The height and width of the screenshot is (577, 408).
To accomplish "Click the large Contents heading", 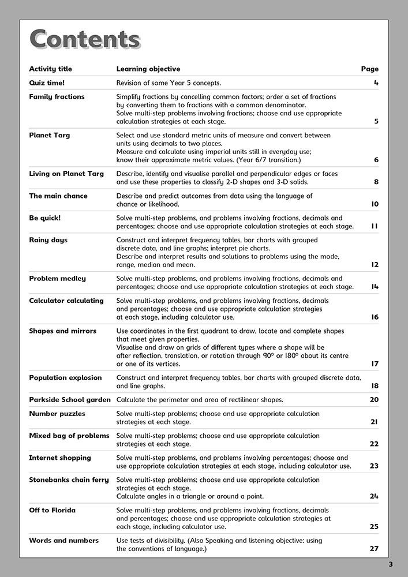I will point(85,39).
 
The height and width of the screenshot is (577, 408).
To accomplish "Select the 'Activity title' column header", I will point(51,69).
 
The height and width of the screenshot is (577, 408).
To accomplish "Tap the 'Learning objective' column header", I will point(148,69).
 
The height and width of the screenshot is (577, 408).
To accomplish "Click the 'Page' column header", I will point(370,69).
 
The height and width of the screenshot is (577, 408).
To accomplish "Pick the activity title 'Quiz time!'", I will point(47,83).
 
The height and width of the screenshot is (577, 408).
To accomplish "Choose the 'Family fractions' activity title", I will point(57,97).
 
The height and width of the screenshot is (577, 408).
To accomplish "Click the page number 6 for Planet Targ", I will point(376,160).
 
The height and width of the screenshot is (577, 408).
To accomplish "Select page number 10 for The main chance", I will point(375,204).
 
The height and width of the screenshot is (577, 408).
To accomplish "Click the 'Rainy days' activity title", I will point(48,240).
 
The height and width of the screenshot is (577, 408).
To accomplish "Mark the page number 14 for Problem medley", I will point(375,287).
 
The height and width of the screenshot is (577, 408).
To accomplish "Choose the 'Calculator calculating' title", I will point(66,301).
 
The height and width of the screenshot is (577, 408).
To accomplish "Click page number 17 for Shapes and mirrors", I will point(375,364).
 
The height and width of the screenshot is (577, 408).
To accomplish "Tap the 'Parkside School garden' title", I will point(70,400).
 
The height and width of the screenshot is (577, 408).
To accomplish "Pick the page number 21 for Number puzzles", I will point(375,422).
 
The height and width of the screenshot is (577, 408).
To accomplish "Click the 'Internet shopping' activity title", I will point(60,458).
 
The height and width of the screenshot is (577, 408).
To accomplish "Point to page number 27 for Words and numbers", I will point(374,549).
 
